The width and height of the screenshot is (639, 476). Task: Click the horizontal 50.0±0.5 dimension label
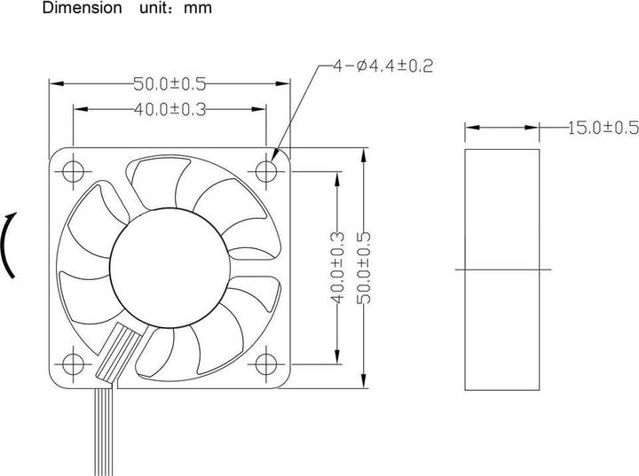[x=169, y=84]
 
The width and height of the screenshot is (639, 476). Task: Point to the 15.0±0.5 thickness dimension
[x=603, y=129]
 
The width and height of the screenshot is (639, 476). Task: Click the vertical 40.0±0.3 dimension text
[x=336, y=267]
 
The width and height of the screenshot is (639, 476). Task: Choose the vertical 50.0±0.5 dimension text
[x=362, y=267]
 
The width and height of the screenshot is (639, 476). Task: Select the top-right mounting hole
[x=266, y=168]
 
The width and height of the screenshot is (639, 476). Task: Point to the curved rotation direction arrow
[x=9, y=246]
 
